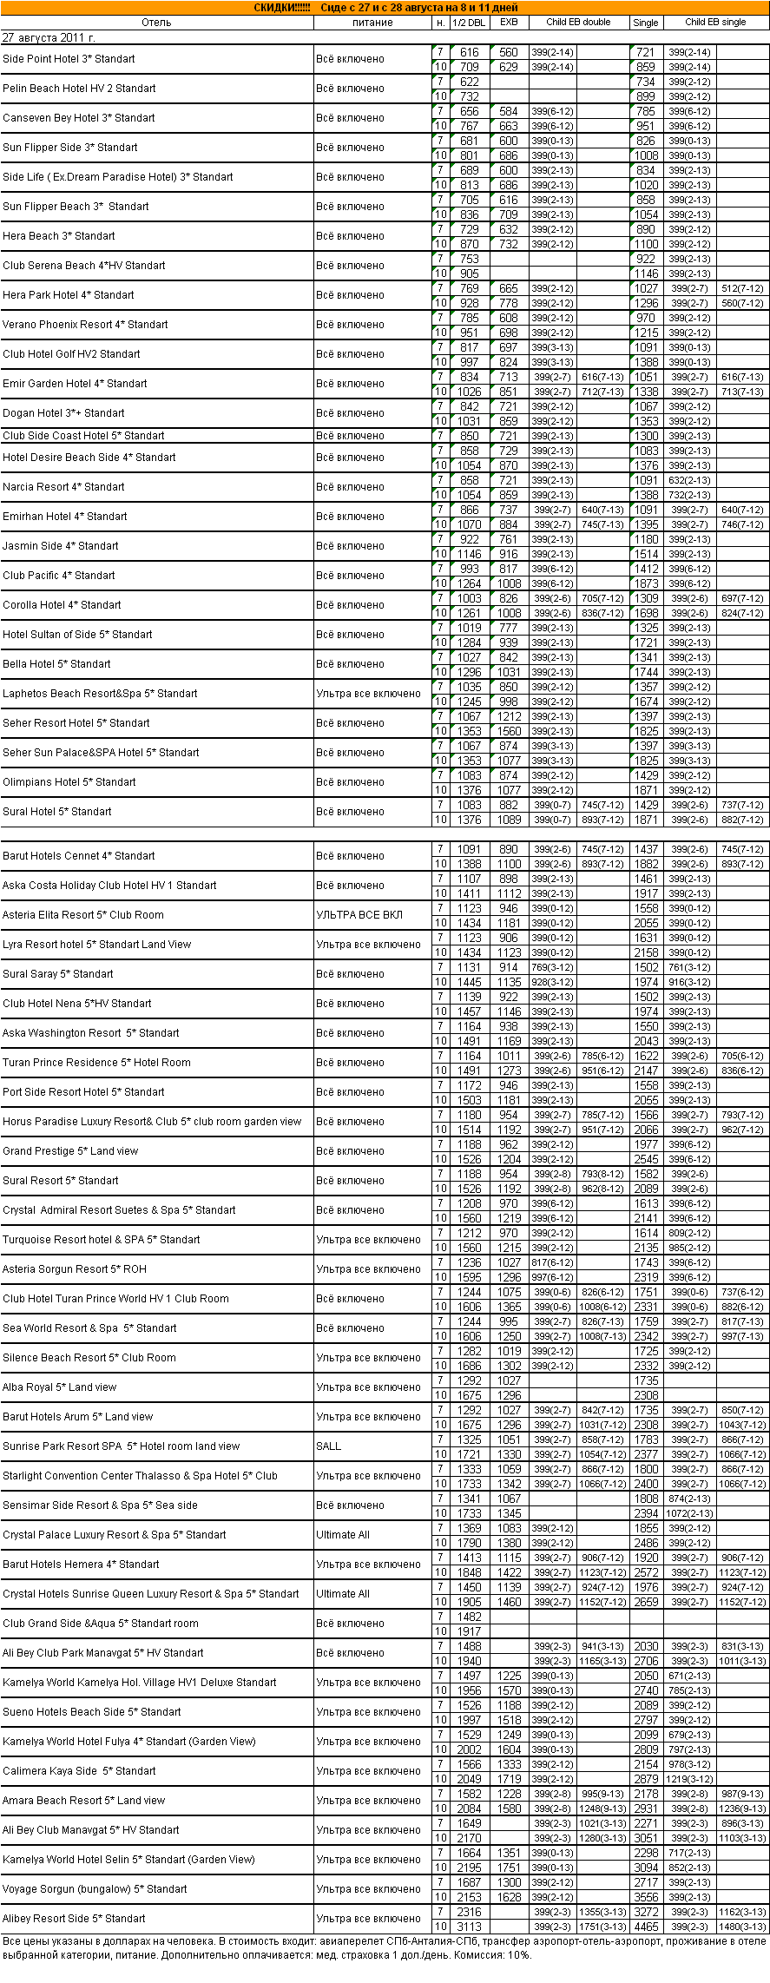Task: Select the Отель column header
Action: (156, 23)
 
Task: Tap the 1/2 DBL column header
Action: (469, 23)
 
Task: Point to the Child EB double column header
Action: (578, 23)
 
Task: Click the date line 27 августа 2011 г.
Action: (49, 38)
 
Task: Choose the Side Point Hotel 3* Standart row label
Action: (69, 59)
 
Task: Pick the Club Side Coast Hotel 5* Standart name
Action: (83, 436)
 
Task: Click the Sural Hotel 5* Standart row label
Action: (57, 812)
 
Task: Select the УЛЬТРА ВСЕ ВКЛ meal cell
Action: (359, 915)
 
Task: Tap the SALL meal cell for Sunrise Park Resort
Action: (329, 1446)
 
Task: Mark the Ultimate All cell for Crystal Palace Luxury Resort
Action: (343, 1535)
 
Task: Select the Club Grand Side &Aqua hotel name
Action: (101, 1624)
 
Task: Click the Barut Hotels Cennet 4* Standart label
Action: (79, 856)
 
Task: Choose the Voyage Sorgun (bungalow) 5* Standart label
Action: (95, 1889)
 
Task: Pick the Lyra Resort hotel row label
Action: (96, 945)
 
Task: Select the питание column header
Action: (372, 23)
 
